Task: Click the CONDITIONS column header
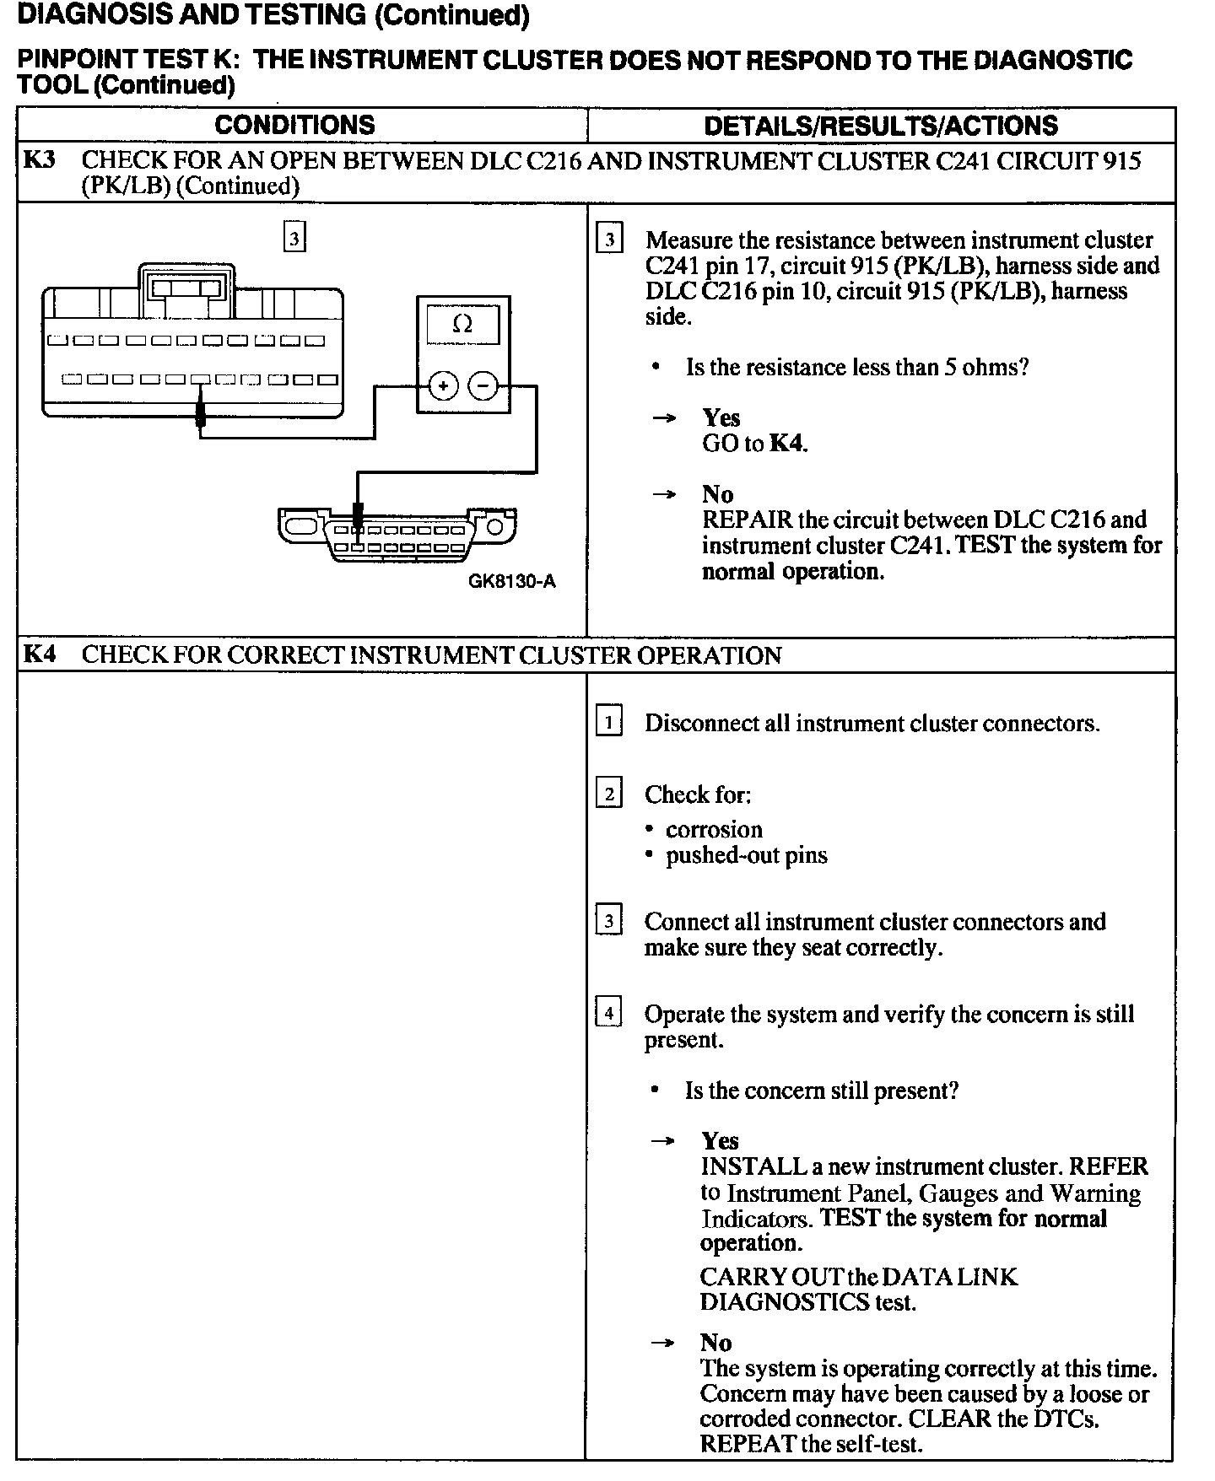click(294, 125)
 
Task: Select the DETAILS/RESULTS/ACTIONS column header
click(880, 126)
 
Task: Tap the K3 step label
click(40, 159)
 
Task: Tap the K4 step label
click(40, 654)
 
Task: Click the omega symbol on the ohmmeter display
click(462, 324)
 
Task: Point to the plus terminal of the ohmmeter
click(443, 386)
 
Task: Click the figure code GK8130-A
click(512, 582)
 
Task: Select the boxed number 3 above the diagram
click(294, 239)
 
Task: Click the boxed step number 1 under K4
click(608, 723)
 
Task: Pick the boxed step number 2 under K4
click(608, 794)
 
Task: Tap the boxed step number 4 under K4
click(608, 1012)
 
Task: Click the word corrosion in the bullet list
click(714, 829)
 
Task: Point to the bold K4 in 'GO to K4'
click(786, 444)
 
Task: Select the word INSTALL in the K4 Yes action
click(753, 1166)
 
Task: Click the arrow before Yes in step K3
click(665, 418)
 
